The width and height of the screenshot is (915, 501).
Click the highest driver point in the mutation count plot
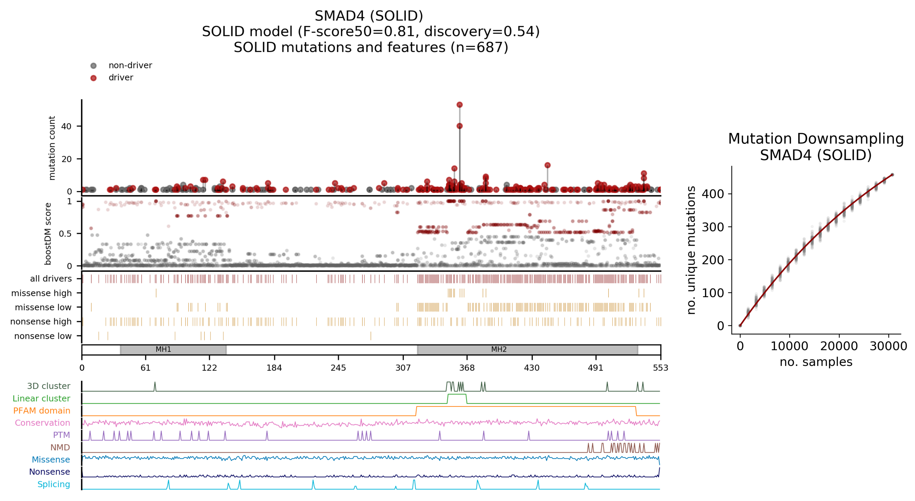coord(459,105)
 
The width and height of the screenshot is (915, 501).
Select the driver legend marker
coord(93,78)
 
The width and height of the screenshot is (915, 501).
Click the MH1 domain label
coord(163,349)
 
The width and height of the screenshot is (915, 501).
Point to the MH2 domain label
coord(499,349)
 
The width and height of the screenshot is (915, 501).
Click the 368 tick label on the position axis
coord(467,368)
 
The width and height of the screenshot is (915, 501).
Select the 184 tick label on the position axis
coord(274,368)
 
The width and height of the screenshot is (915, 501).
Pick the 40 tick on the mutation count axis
coord(66,126)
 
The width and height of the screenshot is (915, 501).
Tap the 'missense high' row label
coord(41,293)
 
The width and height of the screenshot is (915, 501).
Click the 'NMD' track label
coord(60,447)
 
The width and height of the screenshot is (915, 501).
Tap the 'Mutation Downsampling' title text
coord(816,139)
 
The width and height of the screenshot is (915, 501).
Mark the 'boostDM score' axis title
coord(48,234)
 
